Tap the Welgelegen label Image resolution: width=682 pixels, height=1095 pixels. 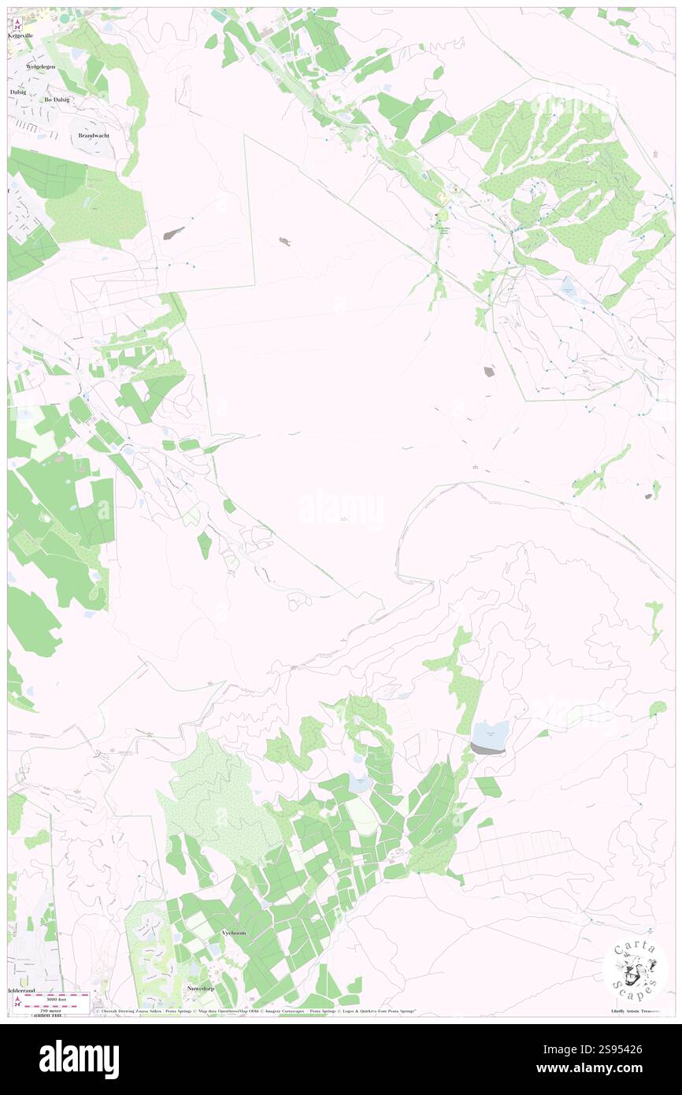click(x=39, y=68)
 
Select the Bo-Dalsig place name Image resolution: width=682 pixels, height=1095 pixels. click(x=57, y=100)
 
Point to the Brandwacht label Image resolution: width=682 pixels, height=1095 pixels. click(x=94, y=135)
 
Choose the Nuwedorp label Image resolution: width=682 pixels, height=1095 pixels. click(x=200, y=988)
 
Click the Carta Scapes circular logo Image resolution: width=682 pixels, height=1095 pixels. click(x=636, y=971)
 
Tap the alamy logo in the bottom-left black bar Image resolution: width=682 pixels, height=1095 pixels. click(x=79, y=1059)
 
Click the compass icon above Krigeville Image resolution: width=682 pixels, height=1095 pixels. click(x=18, y=24)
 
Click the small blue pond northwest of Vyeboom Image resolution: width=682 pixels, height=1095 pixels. click(x=359, y=784)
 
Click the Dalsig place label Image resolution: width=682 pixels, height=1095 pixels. click(x=17, y=92)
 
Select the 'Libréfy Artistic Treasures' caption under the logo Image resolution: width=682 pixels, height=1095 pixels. click(x=638, y=1011)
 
